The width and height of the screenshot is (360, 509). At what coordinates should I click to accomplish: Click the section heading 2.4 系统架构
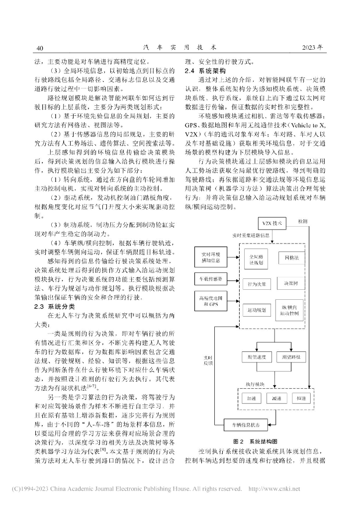point(205,71)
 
